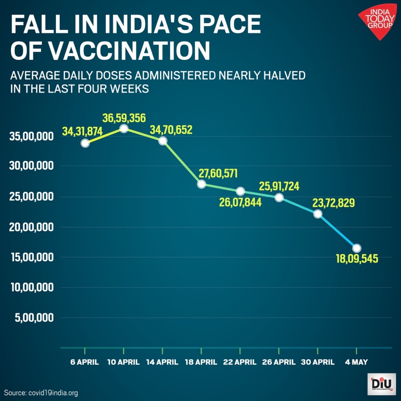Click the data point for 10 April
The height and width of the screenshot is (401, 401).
coord(124,128)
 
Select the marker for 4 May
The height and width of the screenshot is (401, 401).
coord(357,248)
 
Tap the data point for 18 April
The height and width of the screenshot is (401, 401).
coord(201,184)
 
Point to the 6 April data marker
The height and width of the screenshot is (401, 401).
coord(85,143)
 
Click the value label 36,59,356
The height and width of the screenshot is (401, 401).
coord(124,118)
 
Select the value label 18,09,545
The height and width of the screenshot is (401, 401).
coord(357,259)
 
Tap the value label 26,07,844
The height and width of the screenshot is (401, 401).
coord(240,202)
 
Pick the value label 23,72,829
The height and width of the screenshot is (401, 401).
coord(333,203)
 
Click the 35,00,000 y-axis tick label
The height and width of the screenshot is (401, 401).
coord(32,136)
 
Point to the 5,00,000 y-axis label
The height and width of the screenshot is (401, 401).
coord(34,317)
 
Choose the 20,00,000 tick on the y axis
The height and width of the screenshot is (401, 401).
coord(32,227)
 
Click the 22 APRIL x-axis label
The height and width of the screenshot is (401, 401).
coord(240,362)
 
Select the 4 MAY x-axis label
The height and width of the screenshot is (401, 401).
coord(356,362)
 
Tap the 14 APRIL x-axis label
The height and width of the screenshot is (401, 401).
coord(162,362)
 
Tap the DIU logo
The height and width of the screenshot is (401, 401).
coord(381,383)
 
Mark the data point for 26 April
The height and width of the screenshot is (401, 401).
coord(279,197)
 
